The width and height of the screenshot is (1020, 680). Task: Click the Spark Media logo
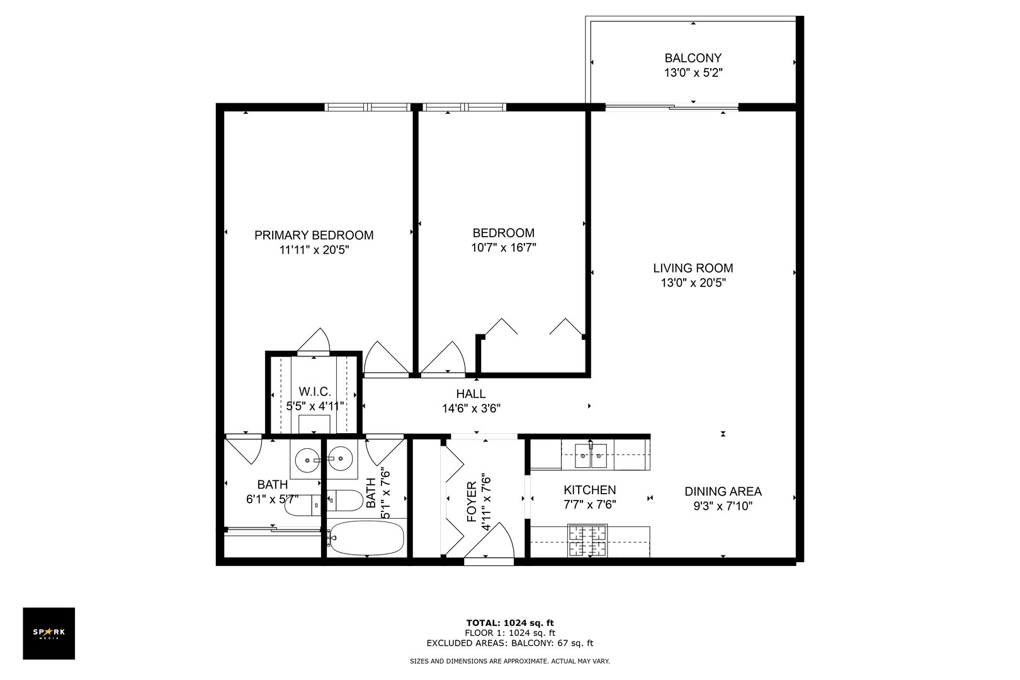tap(48, 633)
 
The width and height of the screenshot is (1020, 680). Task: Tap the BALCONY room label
tap(693, 58)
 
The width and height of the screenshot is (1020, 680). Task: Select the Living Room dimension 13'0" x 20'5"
tap(693, 283)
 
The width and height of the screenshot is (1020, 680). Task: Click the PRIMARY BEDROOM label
tap(314, 235)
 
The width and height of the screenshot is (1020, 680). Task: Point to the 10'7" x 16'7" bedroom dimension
tap(503, 247)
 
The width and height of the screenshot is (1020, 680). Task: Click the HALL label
tap(471, 394)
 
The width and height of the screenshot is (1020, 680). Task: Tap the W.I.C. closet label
tap(314, 391)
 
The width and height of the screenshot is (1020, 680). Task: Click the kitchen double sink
tap(591, 455)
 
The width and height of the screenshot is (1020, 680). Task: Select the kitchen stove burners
tap(588, 540)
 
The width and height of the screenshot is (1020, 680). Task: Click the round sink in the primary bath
tap(307, 459)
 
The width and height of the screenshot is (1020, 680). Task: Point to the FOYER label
tap(472, 502)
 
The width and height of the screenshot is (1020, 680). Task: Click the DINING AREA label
tap(723, 491)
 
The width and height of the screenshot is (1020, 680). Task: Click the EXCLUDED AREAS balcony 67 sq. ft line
tap(509, 643)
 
